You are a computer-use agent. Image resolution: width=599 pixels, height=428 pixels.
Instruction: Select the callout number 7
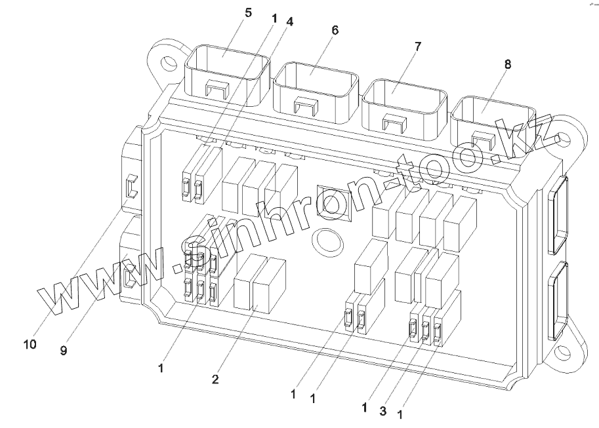coord(418,46)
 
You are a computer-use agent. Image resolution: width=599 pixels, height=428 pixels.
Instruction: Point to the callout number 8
coord(508,64)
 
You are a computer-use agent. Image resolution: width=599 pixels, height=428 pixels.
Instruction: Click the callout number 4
coord(289,20)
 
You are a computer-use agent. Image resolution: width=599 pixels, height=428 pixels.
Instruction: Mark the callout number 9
coord(64,351)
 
